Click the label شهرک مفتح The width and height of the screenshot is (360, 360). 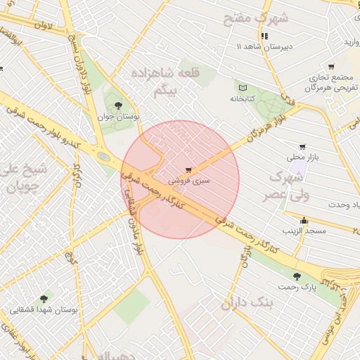256,18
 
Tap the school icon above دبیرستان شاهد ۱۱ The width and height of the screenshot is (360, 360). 264,36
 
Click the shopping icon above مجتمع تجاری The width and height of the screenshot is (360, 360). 331,67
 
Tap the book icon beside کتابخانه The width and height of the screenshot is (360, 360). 243,88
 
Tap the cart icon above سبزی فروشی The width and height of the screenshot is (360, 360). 188,169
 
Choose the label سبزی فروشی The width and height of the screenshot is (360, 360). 187,181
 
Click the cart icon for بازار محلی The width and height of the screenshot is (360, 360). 302,147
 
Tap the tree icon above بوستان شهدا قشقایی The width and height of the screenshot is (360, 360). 45,298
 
